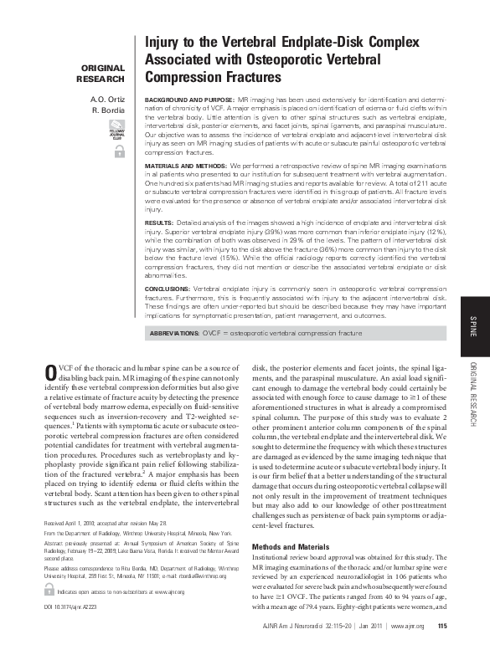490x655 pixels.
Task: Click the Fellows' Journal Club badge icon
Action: point(117,130)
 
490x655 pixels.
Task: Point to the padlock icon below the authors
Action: point(117,151)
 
